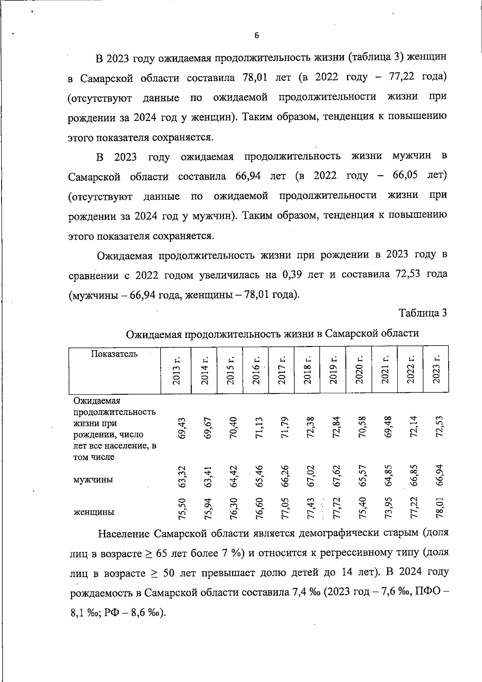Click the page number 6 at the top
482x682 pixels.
257,36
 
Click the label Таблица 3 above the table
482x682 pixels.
423,313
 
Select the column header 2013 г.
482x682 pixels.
176,370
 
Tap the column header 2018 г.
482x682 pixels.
307,370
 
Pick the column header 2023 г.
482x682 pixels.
436,369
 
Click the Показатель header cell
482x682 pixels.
114,354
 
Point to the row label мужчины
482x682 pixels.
93,479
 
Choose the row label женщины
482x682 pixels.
94,512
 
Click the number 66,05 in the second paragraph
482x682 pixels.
404,176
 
